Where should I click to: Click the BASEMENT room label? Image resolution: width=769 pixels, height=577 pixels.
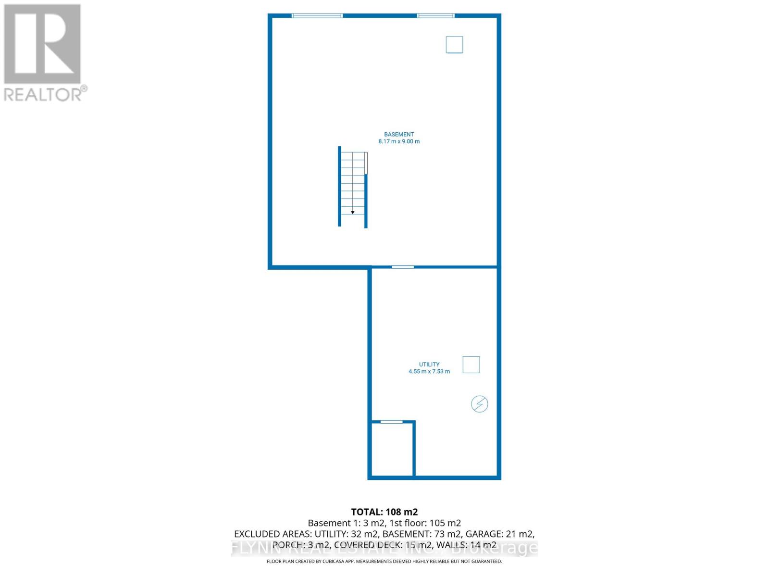point(399,135)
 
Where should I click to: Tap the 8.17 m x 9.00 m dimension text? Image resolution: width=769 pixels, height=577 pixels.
point(399,141)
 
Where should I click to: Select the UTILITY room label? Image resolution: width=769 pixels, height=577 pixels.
point(429,364)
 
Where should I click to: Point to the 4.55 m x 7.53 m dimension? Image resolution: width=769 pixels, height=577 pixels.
point(429,371)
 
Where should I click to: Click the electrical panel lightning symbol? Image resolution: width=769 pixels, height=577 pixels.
point(479,404)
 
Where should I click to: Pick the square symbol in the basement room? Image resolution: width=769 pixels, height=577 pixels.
point(454,45)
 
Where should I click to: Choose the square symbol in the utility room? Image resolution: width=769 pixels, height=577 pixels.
point(471,364)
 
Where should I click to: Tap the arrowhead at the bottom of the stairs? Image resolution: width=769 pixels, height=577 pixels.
point(353,212)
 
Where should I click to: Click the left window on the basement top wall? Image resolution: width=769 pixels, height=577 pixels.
point(317,16)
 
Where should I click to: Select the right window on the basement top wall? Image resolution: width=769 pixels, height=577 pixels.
point(435,16)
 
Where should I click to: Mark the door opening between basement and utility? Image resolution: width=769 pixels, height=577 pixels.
point(403,267)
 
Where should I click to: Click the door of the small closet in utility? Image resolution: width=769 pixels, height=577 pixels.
point(392,422)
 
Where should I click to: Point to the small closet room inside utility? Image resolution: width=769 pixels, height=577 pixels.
point(392,450)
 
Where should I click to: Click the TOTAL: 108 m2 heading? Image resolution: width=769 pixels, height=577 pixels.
point(384,512)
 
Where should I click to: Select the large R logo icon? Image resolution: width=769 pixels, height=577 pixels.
point(42,44)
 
